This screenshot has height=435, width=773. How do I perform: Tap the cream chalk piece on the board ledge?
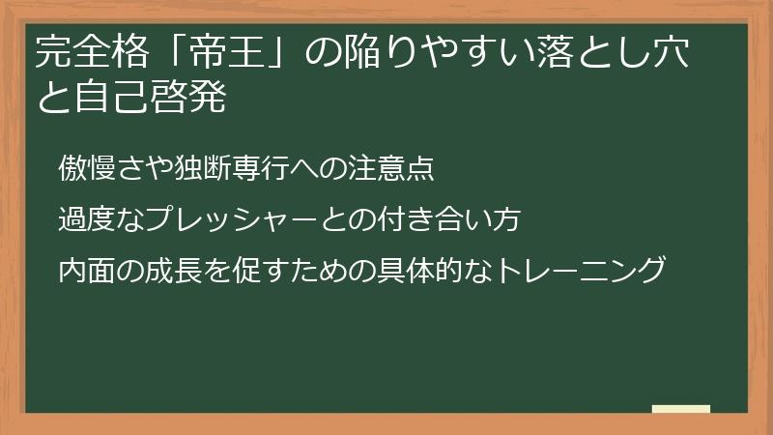[x=681, y=410]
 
